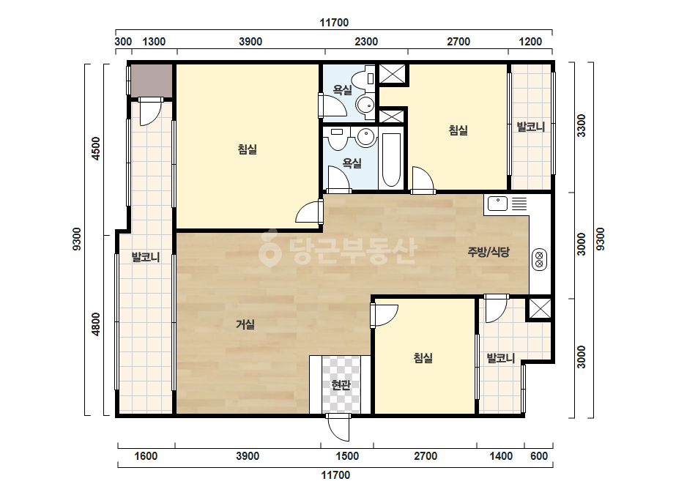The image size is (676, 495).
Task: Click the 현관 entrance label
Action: pyautogui.click(x=341, y=384)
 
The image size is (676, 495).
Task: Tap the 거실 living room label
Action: pyautogui.click(x=245, y=324)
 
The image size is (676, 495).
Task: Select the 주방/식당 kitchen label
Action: pyautogui.click(x=489, y=252)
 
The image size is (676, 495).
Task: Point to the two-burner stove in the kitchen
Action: pyautogui.click(x=539, y=259)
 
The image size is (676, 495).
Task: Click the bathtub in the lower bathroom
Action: pyautogui.click(x=391, y=160)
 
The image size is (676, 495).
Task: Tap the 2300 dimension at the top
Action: pyautogui.click(x=366, y=42)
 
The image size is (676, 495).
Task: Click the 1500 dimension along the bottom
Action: pyautogui.click(x=347, y=455)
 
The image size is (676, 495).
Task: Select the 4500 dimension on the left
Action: pyautogui.click(x=96, y=149)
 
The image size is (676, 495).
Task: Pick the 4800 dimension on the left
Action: pyautogui.click(x=96, y=324)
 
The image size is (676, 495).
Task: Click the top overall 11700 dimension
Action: pyautogui.click(x=334, y=23)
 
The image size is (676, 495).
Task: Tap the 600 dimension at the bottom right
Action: pyautogui.click(x=539, y=455)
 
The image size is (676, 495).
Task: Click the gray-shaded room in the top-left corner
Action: pyautogui.click(x=152, y=81)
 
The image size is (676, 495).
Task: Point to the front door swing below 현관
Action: pyautogui.click(x=338, y=428)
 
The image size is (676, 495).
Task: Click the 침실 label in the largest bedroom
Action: pyautogui.click(x=248, y=149)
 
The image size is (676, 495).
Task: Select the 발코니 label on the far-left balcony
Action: pyautogui.click(x=146, y=258)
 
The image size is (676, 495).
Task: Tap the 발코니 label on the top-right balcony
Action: pyautogui.click(x=531, y=127)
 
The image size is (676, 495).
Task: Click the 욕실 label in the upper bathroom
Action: pyautogui.click(x=343, y=89)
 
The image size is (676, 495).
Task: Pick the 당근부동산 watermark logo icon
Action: pyautogui.click(x=270, y=247)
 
